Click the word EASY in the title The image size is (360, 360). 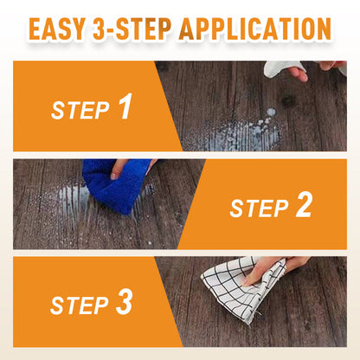pyautogui.click(x=57, y=29)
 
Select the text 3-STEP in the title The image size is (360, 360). pyautogui.click(x=132, y=29)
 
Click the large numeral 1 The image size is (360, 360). pyautogui.click(x=125, y=106)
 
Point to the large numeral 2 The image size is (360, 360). pyautogui.click(x=304, y=204)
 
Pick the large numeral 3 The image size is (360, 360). pyautogui.click(x=125, y=302)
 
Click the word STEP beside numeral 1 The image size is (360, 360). pyautogui.click(x=80, y=110)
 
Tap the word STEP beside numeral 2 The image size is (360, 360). pyautogui.click(x=259, y=209)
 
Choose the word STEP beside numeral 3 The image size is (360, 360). pyautogui.click(x=80, y=305)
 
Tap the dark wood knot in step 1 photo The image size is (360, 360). pyautogui.click(x=287, y=100)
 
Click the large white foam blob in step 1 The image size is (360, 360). pyautogui.click(x=271, y=112)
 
